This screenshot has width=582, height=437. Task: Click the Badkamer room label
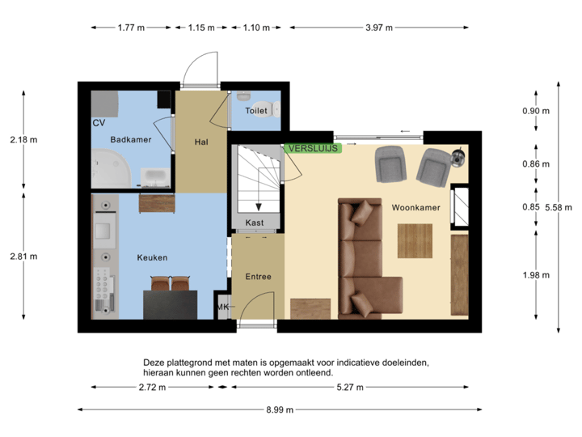coord(130,140)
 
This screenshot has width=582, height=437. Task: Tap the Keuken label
coord(152,257)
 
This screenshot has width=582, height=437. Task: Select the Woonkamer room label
coord(415,208)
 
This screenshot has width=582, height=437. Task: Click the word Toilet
coord(256,111)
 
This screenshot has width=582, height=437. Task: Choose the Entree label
coord(258,277)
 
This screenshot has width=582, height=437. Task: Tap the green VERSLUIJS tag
coord(313,148)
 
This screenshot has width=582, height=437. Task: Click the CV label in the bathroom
coord(99,123)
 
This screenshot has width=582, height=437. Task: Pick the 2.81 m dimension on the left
coord(23,257)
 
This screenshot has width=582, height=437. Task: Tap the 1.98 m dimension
coord(535,275)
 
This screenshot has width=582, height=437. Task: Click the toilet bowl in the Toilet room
coord(263,117)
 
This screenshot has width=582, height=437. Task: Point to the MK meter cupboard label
coord(223,308)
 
